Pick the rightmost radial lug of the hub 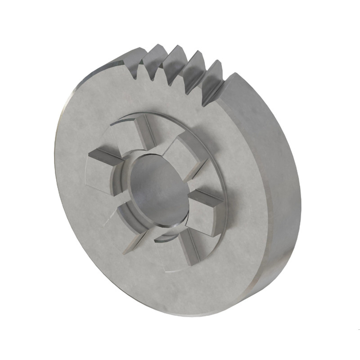tap(205, 211)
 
